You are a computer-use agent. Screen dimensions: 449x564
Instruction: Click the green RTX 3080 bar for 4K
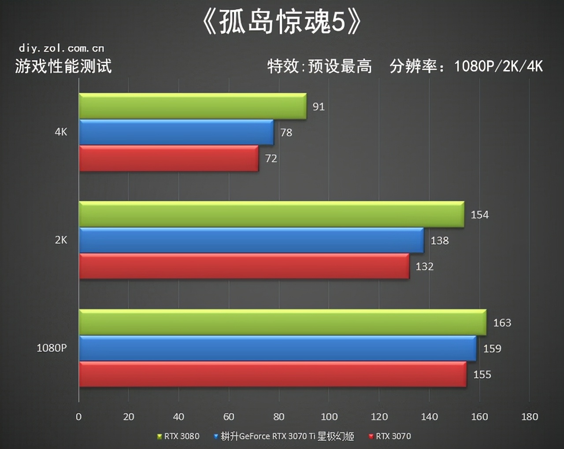pos(193,106)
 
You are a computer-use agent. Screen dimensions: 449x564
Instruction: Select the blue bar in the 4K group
pos(176,132)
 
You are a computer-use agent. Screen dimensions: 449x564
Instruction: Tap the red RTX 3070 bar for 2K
pos(244,266)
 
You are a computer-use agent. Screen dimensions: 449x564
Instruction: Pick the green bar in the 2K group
pos(271,214)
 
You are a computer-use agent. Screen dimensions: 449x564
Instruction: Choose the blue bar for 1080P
pos(278,348)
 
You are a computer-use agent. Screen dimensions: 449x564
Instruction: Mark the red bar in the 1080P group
pos(272,374)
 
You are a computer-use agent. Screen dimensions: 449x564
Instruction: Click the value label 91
pos(319,107)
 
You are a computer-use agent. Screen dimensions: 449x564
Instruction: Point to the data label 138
pos(439,240)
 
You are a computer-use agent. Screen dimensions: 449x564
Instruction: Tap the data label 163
pos(502,323)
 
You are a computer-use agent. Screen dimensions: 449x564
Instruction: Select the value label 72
pos(271,158)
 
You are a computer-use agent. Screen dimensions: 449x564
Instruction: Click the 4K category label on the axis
pos(61,132)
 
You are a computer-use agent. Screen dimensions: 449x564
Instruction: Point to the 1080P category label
pos(52,348)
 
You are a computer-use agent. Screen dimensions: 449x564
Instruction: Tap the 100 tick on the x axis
pos(329,416)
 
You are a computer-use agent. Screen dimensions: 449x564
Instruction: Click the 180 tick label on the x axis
pos(529,416)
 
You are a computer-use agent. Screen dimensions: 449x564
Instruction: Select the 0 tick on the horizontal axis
pos(78,416)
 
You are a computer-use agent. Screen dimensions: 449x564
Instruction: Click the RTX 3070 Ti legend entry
pos(284,436)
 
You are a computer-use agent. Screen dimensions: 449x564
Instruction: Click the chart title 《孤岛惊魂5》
pos(282,22)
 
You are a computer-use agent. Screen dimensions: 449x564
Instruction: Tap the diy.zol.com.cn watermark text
pos(61,48)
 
